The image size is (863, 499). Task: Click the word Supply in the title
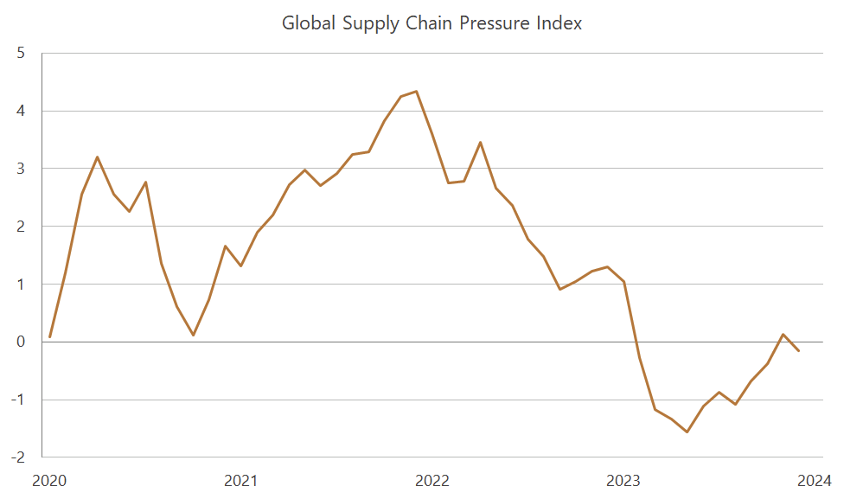point(369,23)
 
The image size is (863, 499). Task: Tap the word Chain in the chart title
point(431,23)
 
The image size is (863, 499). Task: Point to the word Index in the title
point(560,23)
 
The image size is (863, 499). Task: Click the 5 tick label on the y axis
point(22,53)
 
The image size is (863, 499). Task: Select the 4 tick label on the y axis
point(22,111)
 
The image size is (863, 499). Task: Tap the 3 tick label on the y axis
point(22,169)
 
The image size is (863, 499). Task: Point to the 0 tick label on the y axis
point(22,342)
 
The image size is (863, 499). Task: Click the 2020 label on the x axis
point(49,480)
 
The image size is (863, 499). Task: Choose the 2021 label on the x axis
point(240,480)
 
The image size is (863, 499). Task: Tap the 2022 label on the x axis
point(432,480)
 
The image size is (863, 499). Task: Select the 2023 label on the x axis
point(623,480)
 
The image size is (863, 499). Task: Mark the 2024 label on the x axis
point(814,480)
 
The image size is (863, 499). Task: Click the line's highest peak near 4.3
point(417,91)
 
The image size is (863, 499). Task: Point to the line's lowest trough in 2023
point(687,432)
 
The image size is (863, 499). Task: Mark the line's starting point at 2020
point(50,336)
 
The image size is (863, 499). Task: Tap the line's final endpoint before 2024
point(798,350)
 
